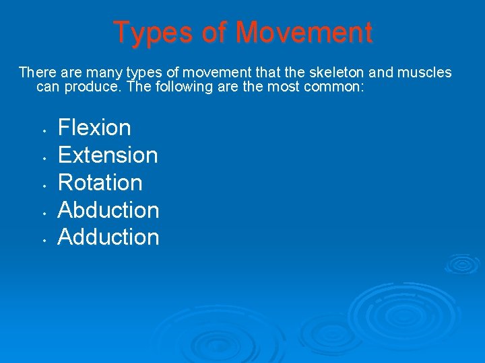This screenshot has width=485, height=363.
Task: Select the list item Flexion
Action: pos(94,127)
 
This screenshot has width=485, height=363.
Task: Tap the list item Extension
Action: pos(108,155)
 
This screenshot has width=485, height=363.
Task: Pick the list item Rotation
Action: pos(100,182)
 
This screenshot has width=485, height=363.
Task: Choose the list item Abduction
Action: pos(108,210)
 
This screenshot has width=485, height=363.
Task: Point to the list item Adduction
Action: pos(108,237)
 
